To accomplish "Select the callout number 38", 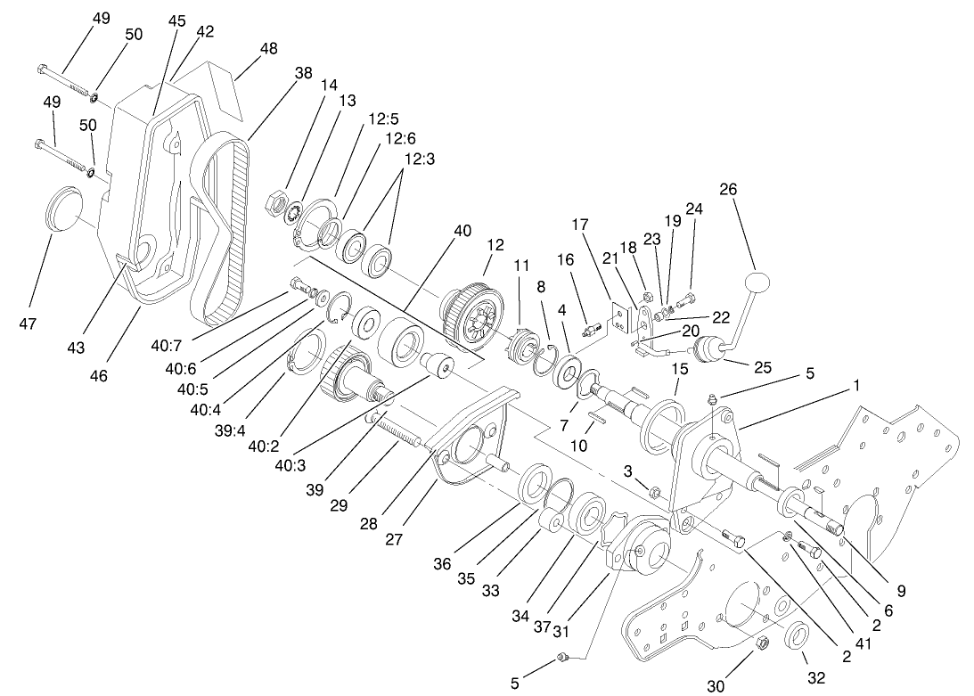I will pyautogui.click(x=304, y=75).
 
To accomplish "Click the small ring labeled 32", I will pyautogui.click(x=797, y=637).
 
